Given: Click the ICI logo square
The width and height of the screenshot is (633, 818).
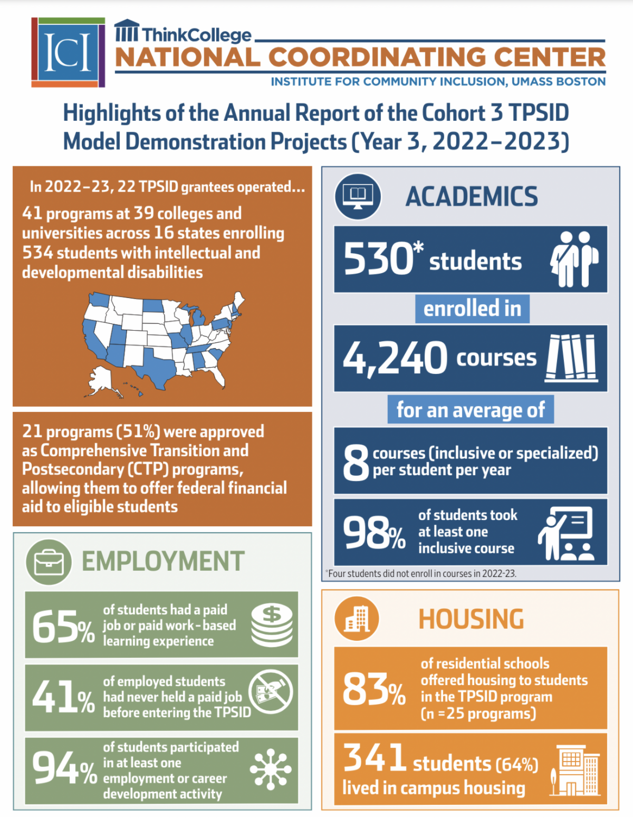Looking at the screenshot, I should pos(68,52).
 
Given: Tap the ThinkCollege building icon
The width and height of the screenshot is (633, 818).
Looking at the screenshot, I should pos(127,31).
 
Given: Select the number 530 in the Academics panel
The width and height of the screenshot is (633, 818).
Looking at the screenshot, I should pos(379,259).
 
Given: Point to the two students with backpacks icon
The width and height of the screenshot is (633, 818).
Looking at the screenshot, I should pos(574,259).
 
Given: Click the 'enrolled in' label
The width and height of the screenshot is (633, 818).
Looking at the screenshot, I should pos(472,309).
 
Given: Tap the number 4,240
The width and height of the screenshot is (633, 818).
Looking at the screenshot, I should pos(395,358).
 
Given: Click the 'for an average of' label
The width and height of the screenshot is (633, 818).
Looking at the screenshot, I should pos(471,410).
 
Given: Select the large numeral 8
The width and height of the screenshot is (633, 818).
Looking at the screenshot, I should pos(356,461).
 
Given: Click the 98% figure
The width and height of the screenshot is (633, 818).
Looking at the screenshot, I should pos(374,533).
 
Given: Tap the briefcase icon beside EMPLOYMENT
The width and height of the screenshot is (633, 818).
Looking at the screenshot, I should pos(49,562).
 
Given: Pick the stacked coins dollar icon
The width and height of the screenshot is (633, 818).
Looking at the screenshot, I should pos(272,625).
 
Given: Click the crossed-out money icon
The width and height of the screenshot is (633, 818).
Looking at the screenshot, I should pos(271,691).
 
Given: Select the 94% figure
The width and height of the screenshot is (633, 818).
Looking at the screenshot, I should pos(64,769).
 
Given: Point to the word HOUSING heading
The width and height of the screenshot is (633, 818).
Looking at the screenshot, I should pos(471,619).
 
